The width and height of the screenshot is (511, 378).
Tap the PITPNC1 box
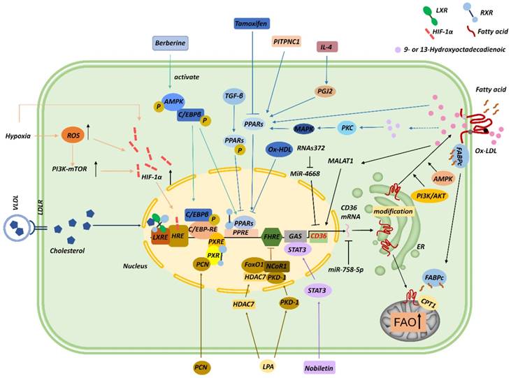pos(292,43)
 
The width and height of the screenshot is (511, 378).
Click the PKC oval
pos(350,128)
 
